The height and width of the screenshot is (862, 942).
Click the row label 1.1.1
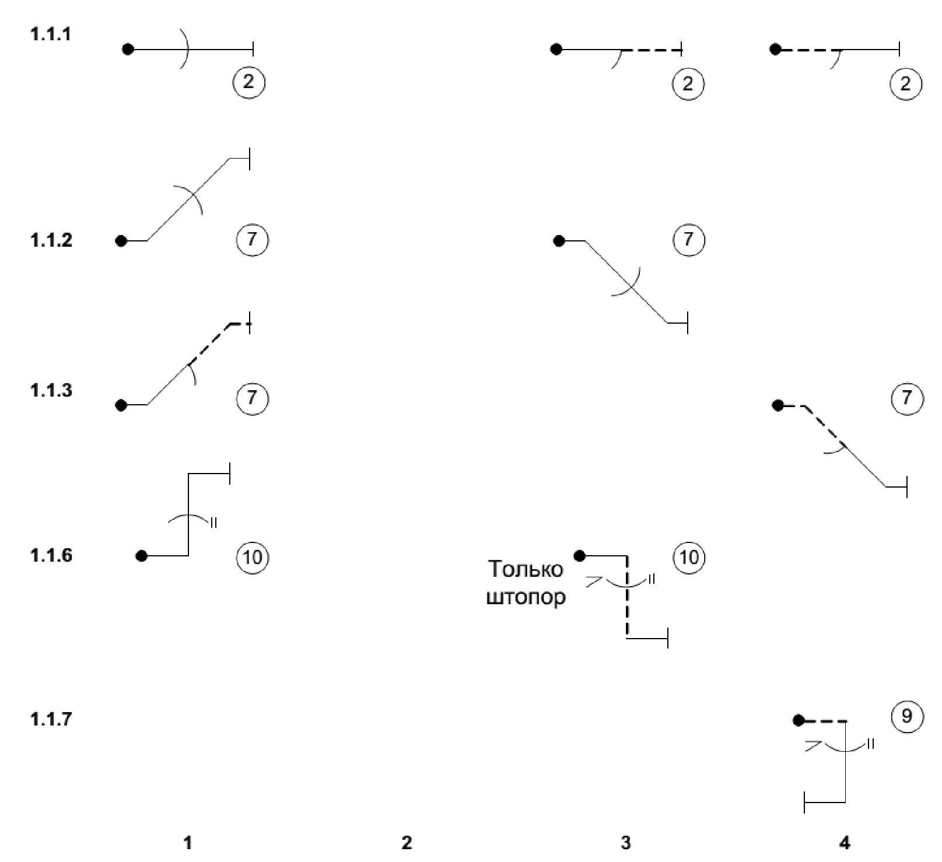click(51, 34)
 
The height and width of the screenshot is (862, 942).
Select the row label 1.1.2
click(51, 240)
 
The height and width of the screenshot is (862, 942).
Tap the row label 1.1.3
click(51, 390)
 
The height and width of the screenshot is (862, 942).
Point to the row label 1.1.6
click(51, 555)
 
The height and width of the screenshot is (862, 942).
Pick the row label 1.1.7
click(51, 719)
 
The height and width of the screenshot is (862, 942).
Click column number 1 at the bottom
click(187, 842)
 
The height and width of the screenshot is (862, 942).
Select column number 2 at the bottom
click(407, 842)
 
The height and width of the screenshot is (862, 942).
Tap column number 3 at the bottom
click(625, 842)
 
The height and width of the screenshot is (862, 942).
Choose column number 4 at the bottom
click(845, 842)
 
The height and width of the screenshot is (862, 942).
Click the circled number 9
click(907, 716)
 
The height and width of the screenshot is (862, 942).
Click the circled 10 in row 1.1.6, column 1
click(252, 557)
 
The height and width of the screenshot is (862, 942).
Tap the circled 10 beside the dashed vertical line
click(689, 557)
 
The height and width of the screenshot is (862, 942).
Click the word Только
click(526, 569)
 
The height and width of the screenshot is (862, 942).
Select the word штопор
click(526, 598)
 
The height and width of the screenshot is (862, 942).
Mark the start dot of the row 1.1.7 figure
click(799, 721)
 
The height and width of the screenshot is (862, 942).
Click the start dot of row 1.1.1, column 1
click(128, 50)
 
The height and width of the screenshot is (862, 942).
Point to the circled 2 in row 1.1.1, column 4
click(905, 83)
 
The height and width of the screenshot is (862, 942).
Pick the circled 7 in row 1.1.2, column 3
click(689, 239)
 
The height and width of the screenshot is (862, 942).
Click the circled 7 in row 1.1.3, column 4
click(907, 398)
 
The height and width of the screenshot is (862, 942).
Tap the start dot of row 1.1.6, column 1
click(141, 556)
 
